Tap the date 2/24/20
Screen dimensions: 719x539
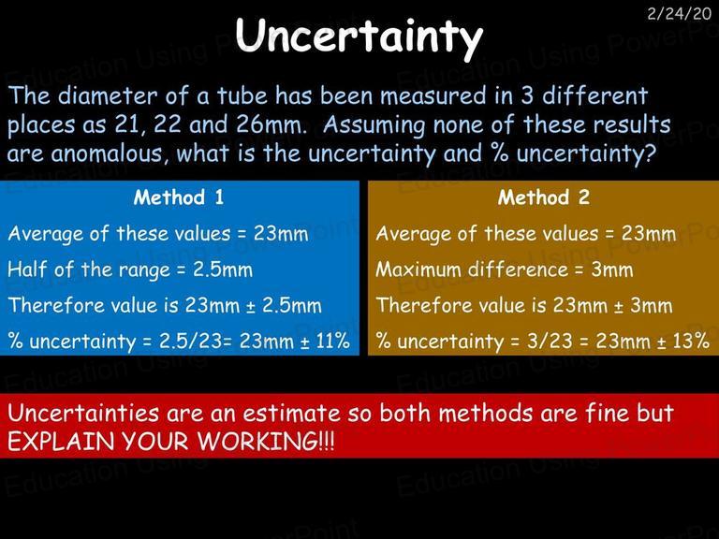(x=680, y=14)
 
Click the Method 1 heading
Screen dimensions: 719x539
(x=179, y=197)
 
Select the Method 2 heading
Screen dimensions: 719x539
(x=544, y=197)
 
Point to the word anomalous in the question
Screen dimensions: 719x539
(x=108, y=153)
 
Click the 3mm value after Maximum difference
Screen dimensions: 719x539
(x=612, y=269)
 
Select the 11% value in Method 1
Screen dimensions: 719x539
(x=333, y=341)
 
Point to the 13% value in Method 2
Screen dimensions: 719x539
(x=693, y=341)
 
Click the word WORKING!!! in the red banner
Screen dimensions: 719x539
(x=267, y=442)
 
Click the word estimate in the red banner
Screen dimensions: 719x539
(x=292, y=414)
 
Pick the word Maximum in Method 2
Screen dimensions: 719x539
(x=418, y=269)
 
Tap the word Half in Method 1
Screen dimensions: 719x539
(x=27, y=269)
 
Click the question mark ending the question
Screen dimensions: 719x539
(x=652, y=153)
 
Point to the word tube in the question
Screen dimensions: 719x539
(x=242, y=95)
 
